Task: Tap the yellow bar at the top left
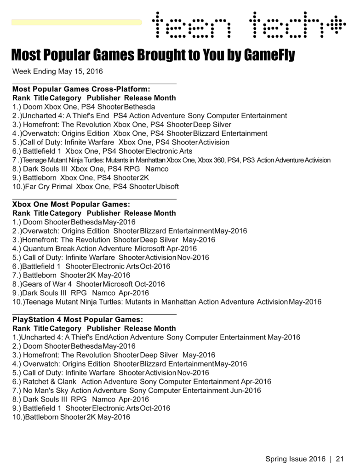[76, 22]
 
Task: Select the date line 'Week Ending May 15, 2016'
[57, 71]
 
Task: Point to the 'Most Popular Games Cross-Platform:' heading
[81, 89]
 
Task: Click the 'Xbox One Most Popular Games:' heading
[71, 204]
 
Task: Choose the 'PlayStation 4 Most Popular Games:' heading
[78, 320]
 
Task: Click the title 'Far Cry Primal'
[49, 187]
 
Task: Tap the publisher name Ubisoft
[167, 187]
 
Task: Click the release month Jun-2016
[246, 391]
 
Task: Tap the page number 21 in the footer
[340, 459]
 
